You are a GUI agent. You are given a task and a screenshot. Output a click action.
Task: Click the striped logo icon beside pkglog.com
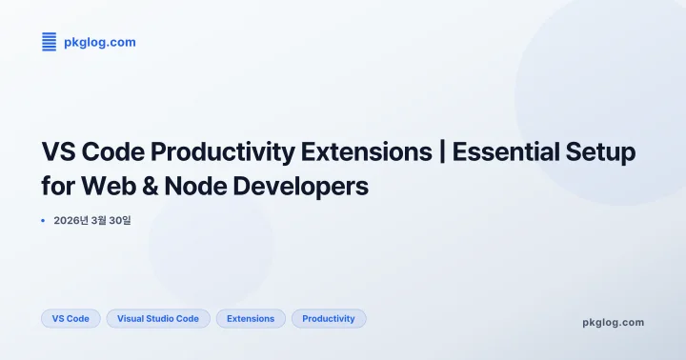tap(50, 42)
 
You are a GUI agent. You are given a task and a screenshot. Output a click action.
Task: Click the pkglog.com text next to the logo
tap(100, 42)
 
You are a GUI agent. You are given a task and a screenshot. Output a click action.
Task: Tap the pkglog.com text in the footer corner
tap(613, 322)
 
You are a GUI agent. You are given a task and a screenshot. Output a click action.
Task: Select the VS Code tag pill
tap(71, 319)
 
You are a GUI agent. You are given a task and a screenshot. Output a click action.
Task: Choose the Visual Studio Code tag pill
tap(158, 319)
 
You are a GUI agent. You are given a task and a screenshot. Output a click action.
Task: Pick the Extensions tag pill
tap(251, 319)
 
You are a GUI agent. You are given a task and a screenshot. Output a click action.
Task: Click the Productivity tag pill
tap(329, 319)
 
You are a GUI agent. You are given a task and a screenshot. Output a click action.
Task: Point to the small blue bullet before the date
tap(43, 220)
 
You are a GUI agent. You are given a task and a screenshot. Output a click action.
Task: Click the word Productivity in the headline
tap(223, 152)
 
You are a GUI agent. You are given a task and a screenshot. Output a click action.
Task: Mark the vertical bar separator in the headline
tap(443, 152)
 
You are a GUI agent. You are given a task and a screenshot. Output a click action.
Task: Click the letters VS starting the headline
tap(59, 152)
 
